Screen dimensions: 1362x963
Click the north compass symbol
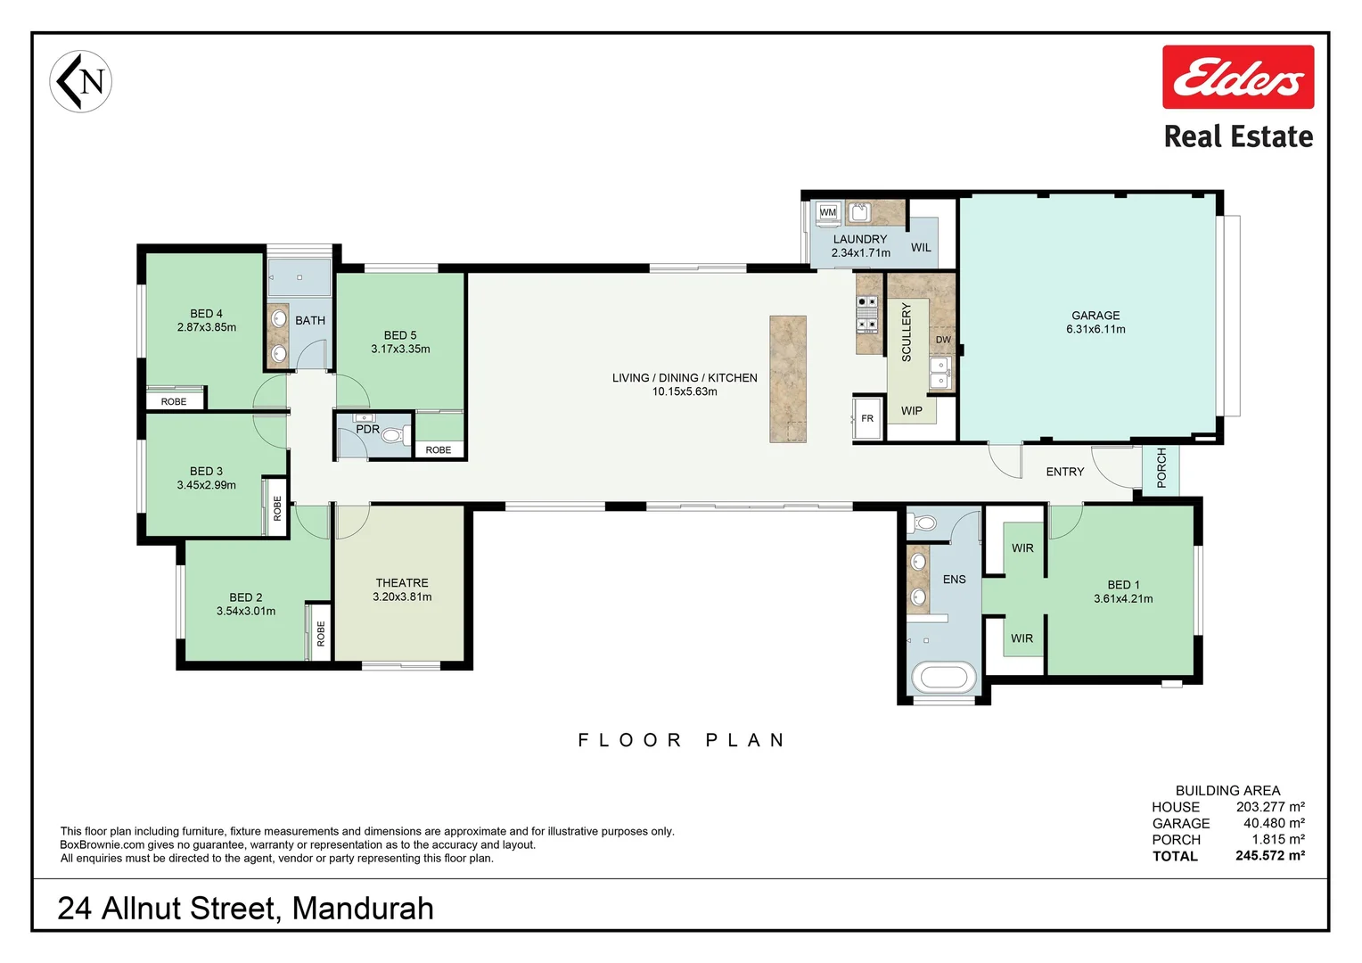(81, 81)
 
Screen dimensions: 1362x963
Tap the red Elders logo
(1238, 78)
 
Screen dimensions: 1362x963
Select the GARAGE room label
(1095, 315)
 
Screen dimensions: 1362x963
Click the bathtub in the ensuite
(943, 678)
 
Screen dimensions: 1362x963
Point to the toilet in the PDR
(395, 435)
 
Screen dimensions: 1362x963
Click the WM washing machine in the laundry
(828, 212)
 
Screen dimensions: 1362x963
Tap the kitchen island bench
(787, 379)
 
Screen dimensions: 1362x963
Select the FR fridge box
(867, 418)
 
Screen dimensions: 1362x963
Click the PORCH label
(1161, 468)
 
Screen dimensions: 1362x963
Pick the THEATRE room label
(402, 583)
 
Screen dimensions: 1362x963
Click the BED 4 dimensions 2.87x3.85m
(207, 327)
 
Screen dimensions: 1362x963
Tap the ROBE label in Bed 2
(320, 633)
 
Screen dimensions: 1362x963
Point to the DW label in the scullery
(943, 340)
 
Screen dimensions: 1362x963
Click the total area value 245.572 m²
(1270, 855)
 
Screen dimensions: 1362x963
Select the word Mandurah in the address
(363, 909)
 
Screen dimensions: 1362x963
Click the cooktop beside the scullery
(867, 314)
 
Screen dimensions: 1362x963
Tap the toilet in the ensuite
(922, 523)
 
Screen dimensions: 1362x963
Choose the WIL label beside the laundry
(921, 248)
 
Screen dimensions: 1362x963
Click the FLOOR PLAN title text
(681, 740)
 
